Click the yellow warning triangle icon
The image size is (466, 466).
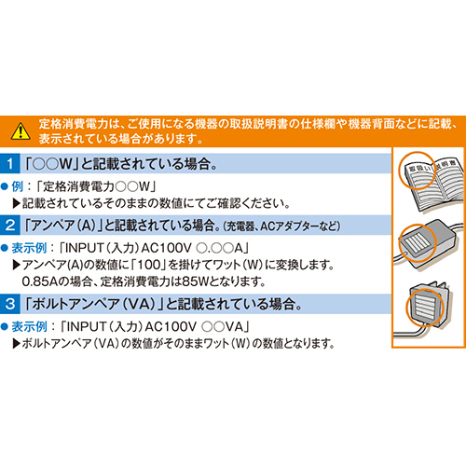click(x=21, y=131)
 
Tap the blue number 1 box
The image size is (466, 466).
click(x=10, y=163)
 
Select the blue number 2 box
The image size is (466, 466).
click(x=10, y=225)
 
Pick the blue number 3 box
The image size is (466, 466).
click(x=10, y=304)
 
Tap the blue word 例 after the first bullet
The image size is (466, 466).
click(x=18, y=186)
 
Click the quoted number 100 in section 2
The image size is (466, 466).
click(x=149, y=265)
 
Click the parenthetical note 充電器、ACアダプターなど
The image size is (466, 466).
click(x=281, y=226)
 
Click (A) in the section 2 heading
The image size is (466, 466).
click(x=86, y=226)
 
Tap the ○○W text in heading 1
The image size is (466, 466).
click(x=52, y=164)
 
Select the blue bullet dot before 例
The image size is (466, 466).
click(x=4, y=186)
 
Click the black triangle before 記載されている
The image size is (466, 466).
click(x=17, y=203)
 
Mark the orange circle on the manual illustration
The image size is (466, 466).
click(x=417, y=171)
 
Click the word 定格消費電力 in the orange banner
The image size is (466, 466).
click(x=74, y=124)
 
